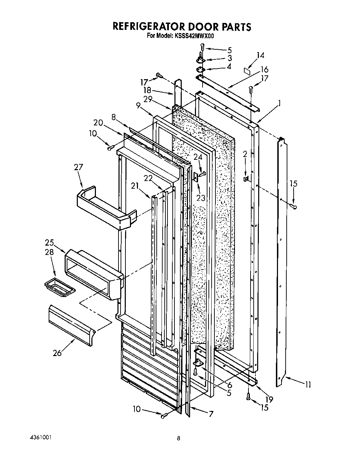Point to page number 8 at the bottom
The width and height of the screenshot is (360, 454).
[178, 439]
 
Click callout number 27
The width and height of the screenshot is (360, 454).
[79, 167]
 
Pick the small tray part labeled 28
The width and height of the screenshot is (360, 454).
[60, 288]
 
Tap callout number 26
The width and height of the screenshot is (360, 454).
[57, 353]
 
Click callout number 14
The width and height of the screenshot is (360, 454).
[260, 55]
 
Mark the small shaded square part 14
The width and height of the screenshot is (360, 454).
[247, 71]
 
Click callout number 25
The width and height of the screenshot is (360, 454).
[49, 242]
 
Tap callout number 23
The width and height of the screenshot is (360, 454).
[201, 198]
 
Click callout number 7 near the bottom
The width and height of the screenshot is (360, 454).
[211, 414]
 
